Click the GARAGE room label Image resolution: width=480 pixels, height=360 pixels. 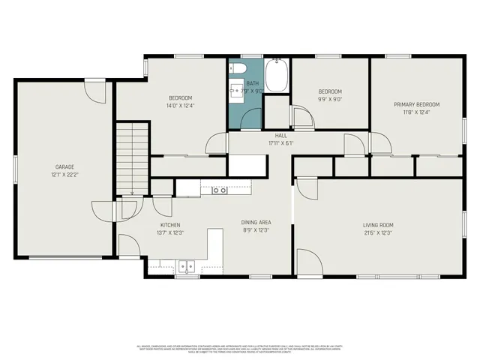pos(64,166)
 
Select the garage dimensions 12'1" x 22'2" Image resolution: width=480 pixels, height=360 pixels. pos(64,174)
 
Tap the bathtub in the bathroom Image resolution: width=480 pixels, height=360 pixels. pos(276,78)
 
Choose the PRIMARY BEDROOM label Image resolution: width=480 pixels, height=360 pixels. pos(417,104)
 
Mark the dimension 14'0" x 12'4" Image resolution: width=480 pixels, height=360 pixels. pos(180,106)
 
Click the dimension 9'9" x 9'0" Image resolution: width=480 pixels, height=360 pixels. pos(330,98)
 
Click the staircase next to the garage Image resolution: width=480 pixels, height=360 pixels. pos(132,157)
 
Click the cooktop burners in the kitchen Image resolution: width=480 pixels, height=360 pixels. pos(219,190)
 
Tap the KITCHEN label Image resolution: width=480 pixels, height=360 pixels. pos(170,225)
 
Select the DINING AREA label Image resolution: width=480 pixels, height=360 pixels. pos(256,223)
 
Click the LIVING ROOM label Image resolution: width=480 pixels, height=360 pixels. pos(378,225)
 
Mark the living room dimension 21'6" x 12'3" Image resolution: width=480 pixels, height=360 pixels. pos(378,232)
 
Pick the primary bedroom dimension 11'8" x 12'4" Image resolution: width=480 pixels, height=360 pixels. pos(417,112)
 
